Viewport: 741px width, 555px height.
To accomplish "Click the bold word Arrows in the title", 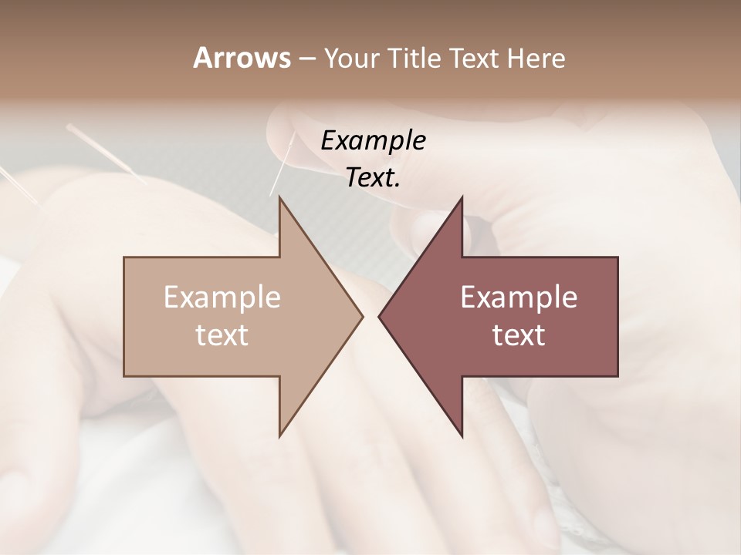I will click(x=241, y=58).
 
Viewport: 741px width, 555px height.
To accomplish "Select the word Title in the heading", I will click(x=418, y=58).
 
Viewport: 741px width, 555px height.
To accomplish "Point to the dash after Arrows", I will click(x=306, y=59).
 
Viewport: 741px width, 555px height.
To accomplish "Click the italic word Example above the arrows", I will click(x=373, y=140).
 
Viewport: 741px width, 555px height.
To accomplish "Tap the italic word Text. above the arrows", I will click(x=373, y=177).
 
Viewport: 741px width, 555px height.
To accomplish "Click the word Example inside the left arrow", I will click(x=222, y=298).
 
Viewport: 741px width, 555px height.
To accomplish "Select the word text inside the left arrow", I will click(x=222, y=335).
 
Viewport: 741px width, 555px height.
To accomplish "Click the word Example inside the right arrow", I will click(x=519, y=298).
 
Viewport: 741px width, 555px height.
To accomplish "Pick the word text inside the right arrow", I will click(x=519, y=335).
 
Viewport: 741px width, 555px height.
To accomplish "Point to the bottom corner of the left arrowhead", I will click(x=280, y=435).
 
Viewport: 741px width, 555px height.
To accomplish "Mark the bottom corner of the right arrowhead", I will click(x=462, y=435).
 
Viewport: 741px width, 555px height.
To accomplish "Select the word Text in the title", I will click(x=477, y=58).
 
